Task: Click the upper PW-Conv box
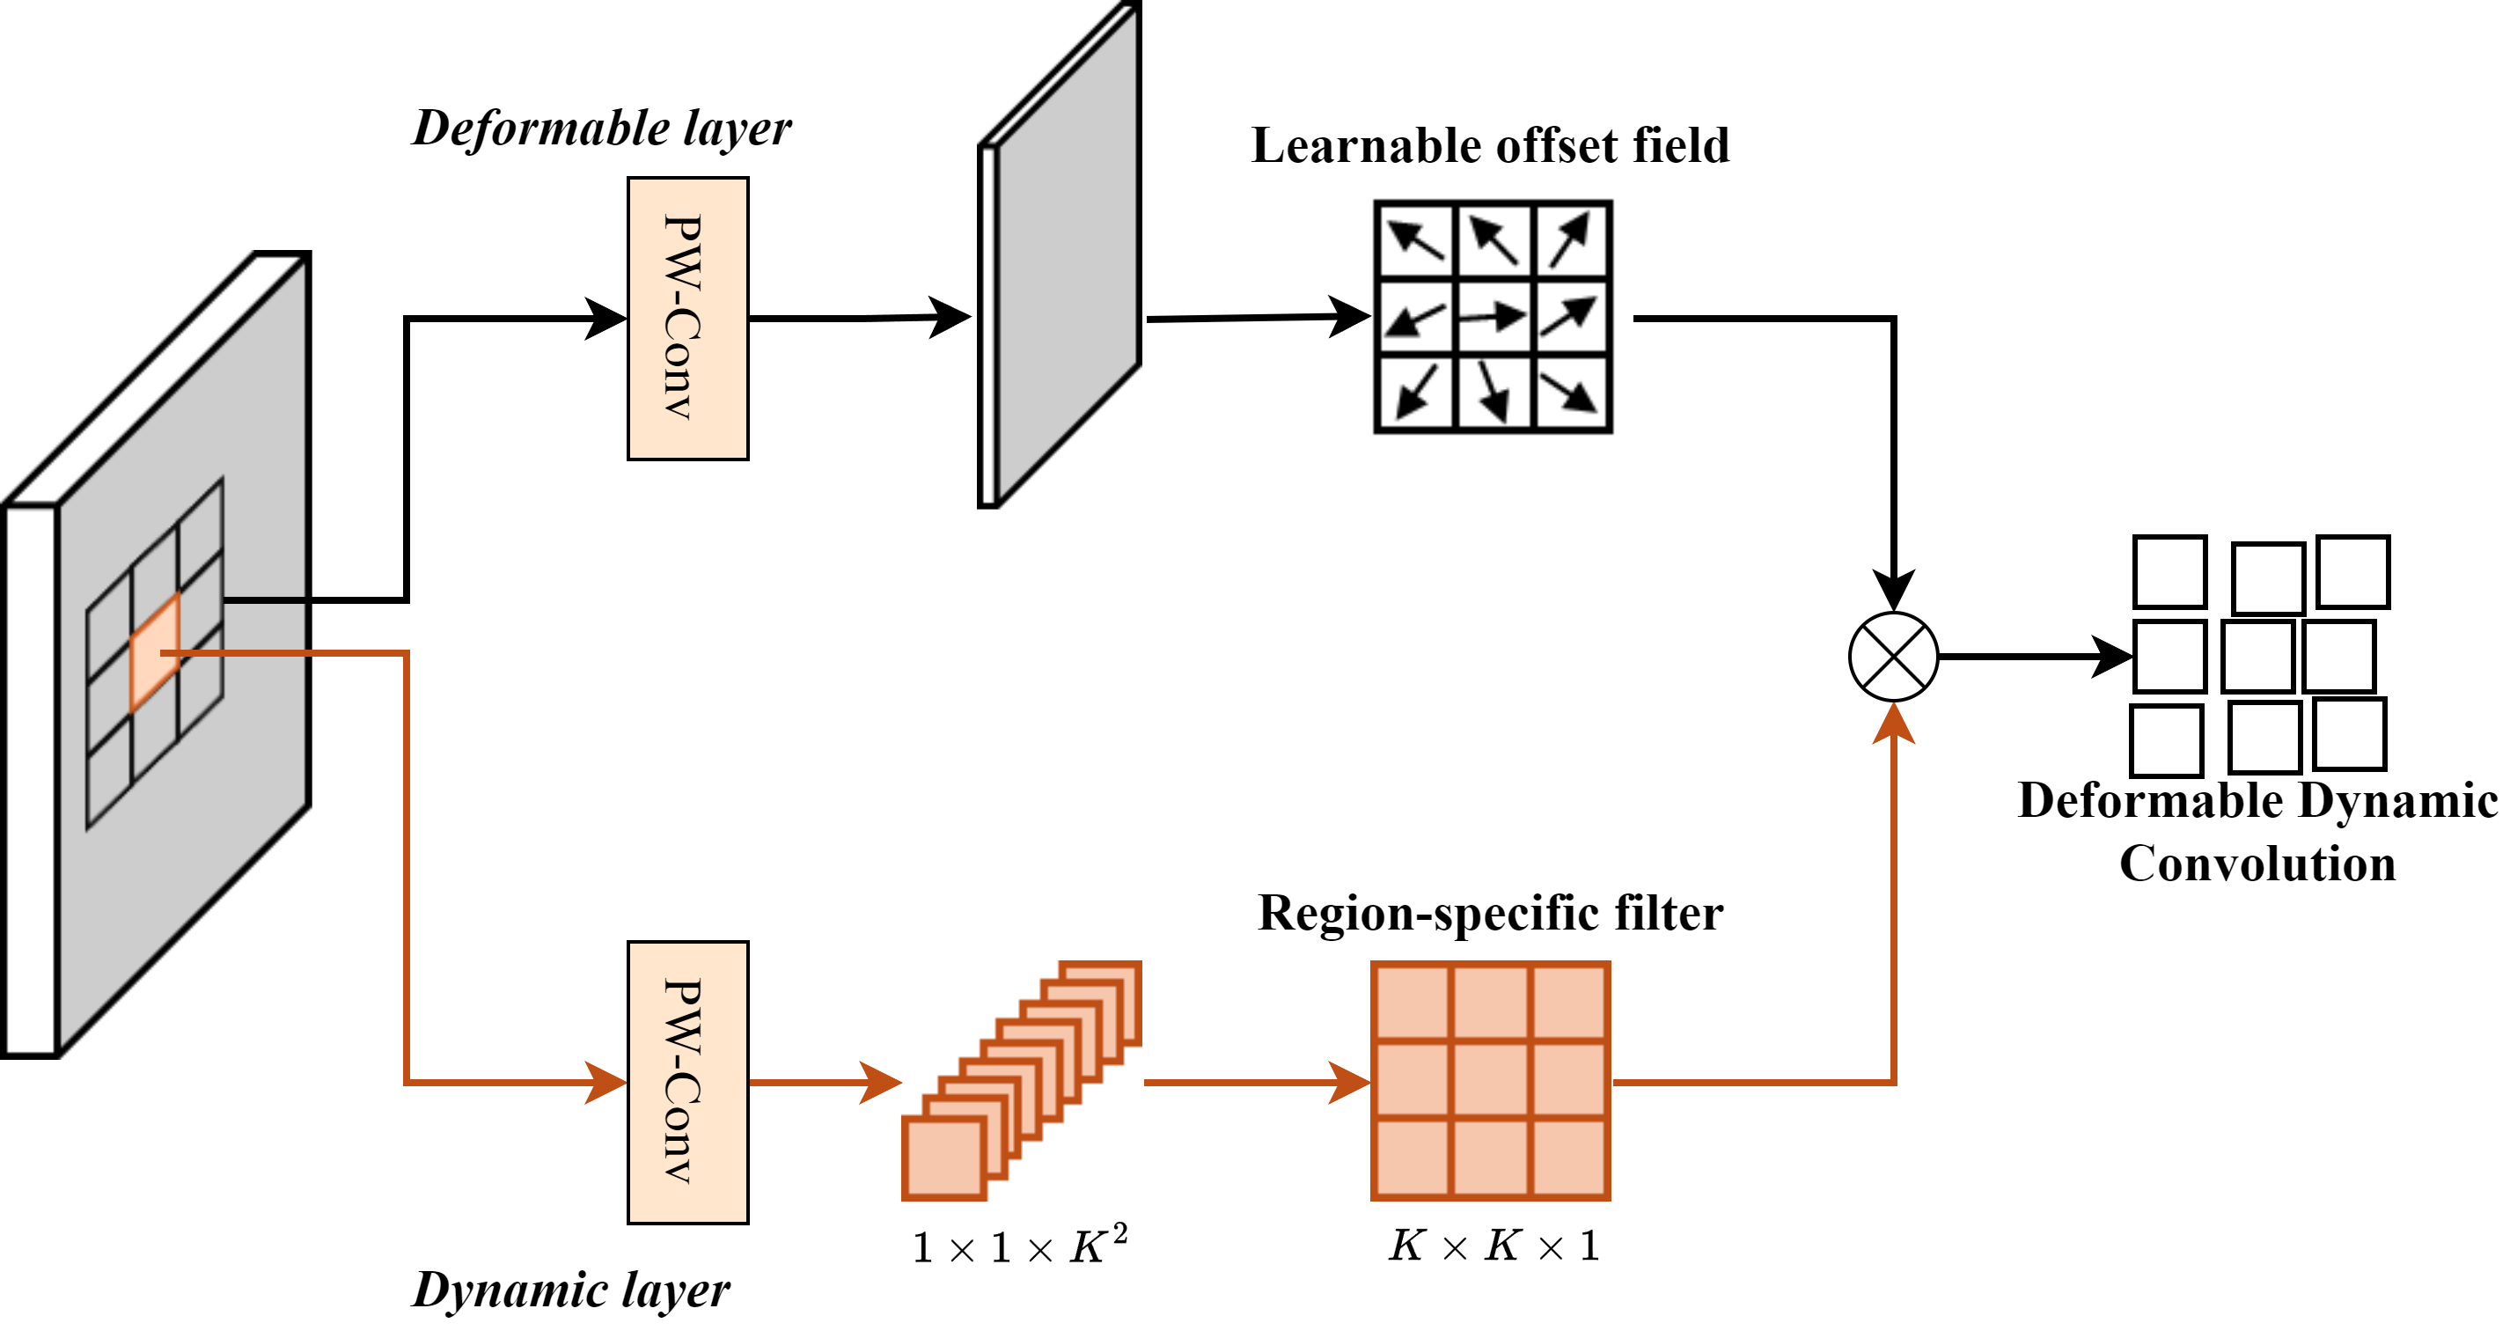tap(688, 318)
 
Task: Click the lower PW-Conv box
tap(688, 1082)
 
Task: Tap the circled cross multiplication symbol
tap(1893, 656)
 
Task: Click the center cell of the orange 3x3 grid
tap(1491, 1080)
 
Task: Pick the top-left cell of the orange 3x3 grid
tap(1413, 1002)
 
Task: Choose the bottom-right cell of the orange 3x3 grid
tap(1568, 1158)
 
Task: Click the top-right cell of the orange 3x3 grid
tap(1568, 1002)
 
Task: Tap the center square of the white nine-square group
tap(2257, 656)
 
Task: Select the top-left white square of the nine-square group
tap(2170, 572)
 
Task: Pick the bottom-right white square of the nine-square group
tap(2349, 734)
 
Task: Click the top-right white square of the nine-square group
tap(2353, 572)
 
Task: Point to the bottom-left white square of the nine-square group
tap(2166, 740)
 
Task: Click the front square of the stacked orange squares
tap(943, 1158)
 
